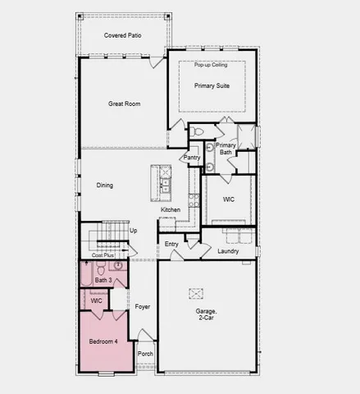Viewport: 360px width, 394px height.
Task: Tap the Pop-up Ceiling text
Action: tap(211, 65)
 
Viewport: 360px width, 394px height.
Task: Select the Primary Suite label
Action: tap(211, 85)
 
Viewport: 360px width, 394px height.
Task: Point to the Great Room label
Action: tap(125, 104)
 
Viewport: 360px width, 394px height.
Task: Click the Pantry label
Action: tap(192, 157)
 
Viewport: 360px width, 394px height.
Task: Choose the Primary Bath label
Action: tap(226, 149)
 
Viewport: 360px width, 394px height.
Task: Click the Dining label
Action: tap(105, 186)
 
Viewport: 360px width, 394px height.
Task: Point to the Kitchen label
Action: tap(171, 210)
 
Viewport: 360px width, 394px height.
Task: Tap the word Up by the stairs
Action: tap(134, 231)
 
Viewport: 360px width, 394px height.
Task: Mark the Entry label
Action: tap(171, 244)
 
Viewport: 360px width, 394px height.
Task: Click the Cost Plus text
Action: tap(103, 255)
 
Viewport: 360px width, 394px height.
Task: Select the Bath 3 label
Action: tap(103, 281)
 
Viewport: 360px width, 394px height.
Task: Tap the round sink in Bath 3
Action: tap(118, 265)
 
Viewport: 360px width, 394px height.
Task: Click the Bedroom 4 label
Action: tap(103, 341)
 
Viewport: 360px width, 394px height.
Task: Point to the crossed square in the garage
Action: tap(197, 293)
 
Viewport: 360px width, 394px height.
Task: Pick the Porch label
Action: tap(145, 355)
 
